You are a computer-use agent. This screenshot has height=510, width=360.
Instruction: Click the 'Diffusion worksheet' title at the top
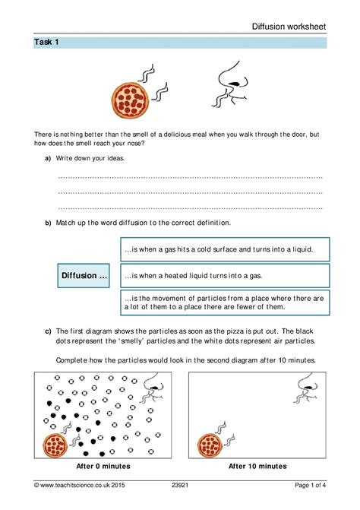[289, 26]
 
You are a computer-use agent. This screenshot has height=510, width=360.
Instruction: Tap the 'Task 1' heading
[46, 43]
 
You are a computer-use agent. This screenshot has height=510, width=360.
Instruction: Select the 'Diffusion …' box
[84, 275]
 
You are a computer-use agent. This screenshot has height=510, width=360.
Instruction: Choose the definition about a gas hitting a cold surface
[224, 249]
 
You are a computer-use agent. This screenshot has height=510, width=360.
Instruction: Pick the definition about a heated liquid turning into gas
[224, 275]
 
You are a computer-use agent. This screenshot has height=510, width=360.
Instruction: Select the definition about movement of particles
[224, 302]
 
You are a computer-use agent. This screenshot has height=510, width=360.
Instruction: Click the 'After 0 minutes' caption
[103, 466]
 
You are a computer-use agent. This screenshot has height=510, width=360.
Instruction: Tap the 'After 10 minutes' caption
[257, 466]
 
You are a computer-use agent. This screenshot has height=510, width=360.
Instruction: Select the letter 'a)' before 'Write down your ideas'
[48, 158]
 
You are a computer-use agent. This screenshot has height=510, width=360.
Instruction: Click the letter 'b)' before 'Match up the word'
[48, 223]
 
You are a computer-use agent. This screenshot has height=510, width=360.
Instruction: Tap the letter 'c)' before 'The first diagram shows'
[48, 331]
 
